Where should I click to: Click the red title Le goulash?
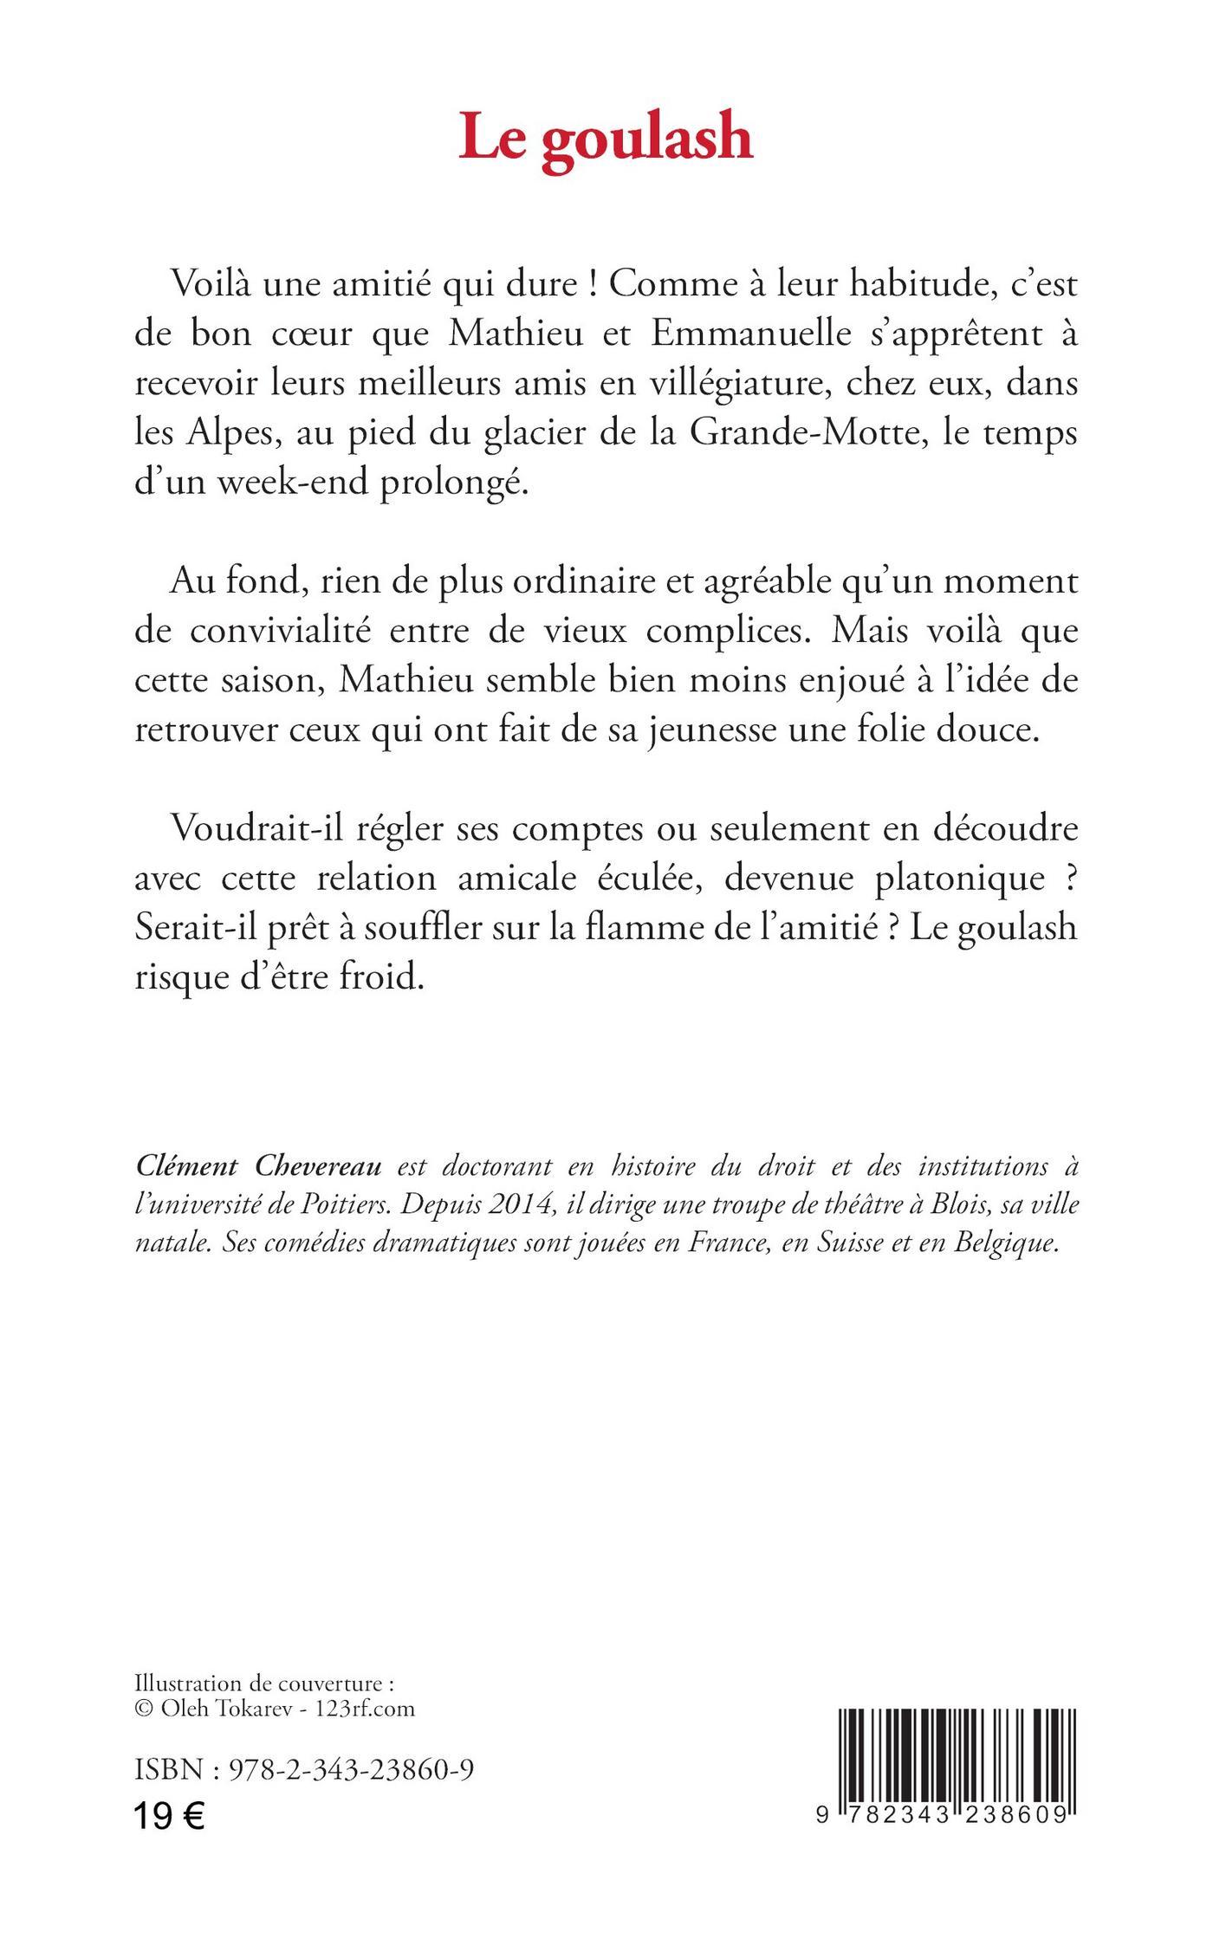coord(606,138)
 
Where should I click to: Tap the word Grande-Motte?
coord(802,433)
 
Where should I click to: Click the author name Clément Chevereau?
coord(258,1167)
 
